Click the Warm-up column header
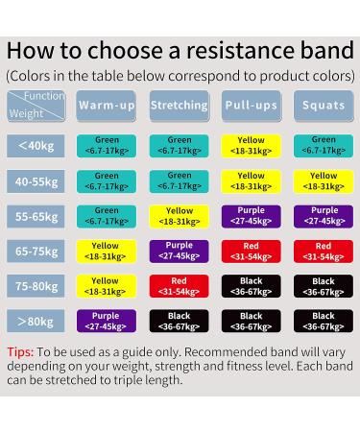[x=107, y=105]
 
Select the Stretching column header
[x=179, y=105]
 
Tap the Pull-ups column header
[x=251, y=105]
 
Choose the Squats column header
[x=324, y=105]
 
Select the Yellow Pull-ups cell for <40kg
[x=251, y=145]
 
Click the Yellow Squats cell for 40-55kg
[x=324, y=180]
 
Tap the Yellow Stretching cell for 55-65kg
[x=179, y=216]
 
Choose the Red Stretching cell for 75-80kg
[x=179, y=286]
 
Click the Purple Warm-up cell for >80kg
[x=107, y=321]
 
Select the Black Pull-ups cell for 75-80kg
[x=251, y=286]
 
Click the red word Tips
[x=21, y=351]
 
